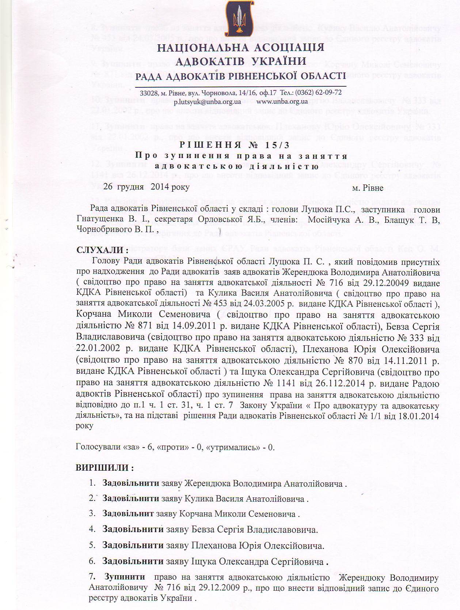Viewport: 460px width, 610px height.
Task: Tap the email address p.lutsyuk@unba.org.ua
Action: pos(207,102)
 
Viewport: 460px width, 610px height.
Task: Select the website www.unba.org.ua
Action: pos(282,101)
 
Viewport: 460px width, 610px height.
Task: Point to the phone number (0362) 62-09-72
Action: pos(318,93)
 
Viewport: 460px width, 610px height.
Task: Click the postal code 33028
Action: pos(148,93)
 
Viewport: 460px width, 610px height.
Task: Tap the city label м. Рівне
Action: pos(368,188)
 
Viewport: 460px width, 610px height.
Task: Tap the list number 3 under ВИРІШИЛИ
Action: pos(92,514)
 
